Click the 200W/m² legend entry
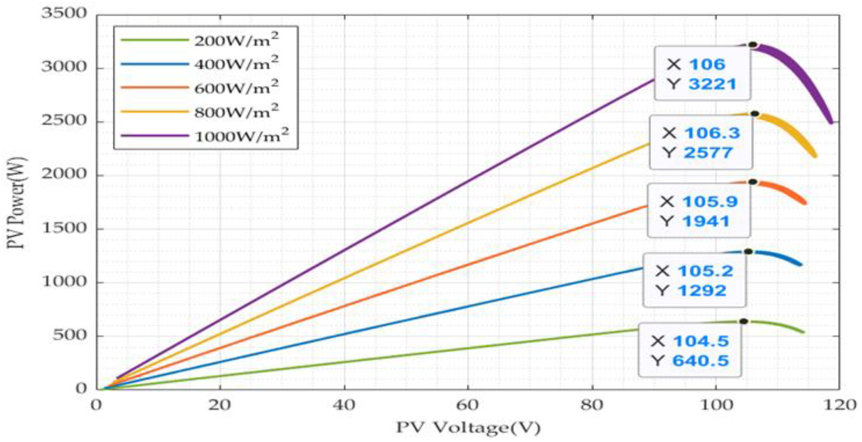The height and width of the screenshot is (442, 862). (236, 41)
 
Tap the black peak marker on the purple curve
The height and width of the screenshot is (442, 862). (753, 45)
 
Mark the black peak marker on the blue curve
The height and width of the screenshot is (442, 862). (749, 252)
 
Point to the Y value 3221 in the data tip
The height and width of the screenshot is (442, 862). (712, 84)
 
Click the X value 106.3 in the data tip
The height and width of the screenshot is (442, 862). (712, 133)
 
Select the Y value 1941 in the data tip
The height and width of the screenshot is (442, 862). (705, 222)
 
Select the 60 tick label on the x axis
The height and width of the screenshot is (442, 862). (467, 406)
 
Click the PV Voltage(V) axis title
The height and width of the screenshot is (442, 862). (468, 428)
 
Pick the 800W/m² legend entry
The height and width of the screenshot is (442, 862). (236, 112)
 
